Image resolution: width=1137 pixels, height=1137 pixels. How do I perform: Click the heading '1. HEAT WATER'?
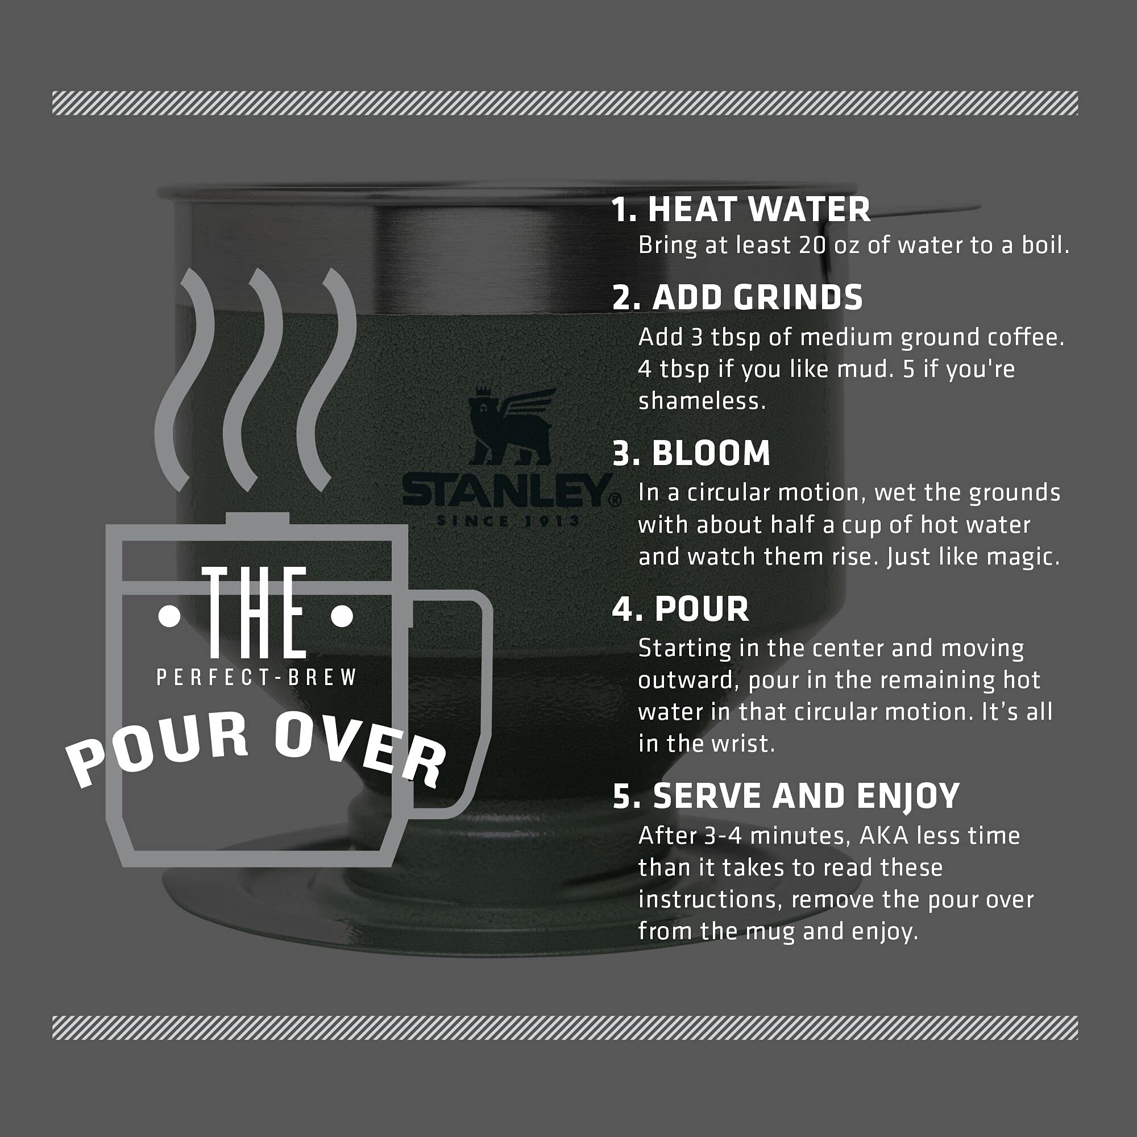click(740, 210)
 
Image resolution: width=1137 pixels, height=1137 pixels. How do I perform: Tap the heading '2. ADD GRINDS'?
click(737, 298)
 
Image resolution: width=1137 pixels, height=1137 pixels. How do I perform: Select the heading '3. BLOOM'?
click(691, 454)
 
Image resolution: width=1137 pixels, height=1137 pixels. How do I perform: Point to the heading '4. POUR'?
click(680, 609)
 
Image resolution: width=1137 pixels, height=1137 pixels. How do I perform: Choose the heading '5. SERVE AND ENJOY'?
click(786, 796)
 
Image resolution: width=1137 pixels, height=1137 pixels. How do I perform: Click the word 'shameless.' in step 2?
click(702, 401)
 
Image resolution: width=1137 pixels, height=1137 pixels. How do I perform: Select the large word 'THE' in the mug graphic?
click(255, 613)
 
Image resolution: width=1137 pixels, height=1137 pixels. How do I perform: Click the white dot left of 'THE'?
click(169, 617)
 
